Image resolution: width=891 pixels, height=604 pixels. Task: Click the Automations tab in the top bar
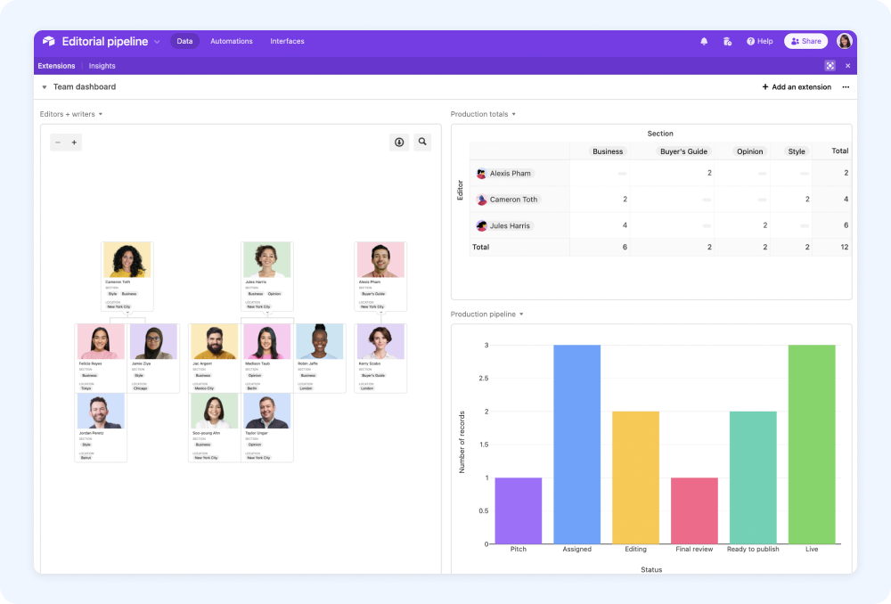tap(231, 41)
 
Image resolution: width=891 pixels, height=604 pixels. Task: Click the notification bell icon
tap(704, 41)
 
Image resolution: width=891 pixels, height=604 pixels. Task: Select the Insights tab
tap(102, 66)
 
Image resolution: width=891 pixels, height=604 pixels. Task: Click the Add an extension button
tap(797, 87)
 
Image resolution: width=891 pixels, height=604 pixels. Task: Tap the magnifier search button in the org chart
tap(422, 142)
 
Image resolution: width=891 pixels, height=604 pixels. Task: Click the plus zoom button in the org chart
tap(74, 142)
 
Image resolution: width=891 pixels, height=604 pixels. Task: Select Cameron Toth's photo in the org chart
tap(127, 260)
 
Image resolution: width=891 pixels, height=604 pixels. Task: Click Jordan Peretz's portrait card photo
tap(101, 412)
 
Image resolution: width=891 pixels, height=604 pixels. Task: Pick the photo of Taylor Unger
tap(267, 412)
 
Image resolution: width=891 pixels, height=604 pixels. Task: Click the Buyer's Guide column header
tap(684, 151)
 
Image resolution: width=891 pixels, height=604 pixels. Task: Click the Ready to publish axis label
tap(753, 550)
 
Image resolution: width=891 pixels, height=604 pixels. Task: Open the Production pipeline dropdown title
tap(486, 314)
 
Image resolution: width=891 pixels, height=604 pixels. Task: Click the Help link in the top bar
tap(760, 41)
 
